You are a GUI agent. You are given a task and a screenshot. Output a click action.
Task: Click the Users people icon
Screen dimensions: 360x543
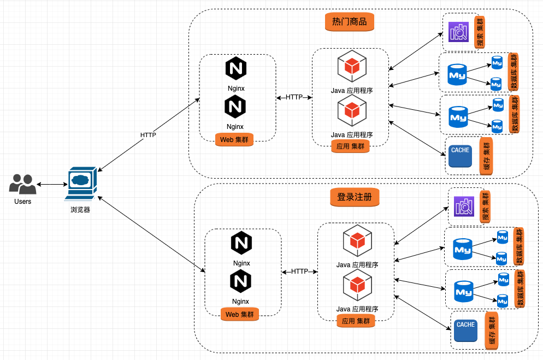click(22, 184)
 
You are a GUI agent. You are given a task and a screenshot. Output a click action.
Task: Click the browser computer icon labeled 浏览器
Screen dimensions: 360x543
click(80, 184)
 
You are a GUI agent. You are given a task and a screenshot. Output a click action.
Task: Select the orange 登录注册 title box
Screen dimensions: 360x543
click(355, 197)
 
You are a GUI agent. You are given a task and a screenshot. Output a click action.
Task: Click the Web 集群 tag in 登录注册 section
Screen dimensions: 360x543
click(240, 314)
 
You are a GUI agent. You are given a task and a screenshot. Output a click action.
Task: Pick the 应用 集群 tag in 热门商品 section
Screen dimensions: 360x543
click(350, 146)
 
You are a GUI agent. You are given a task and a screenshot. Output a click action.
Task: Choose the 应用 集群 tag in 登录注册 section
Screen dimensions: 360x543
click(356, 321)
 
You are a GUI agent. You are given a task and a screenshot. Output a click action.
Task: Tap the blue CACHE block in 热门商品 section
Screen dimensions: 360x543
click(460, 156)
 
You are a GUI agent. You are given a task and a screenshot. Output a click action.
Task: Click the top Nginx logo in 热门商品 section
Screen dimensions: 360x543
click(235, 69)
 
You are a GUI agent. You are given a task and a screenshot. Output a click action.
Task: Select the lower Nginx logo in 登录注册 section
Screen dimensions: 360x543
click(240, 282)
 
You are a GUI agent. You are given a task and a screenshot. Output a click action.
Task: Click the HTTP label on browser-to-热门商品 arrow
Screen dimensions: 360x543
click(148, 135)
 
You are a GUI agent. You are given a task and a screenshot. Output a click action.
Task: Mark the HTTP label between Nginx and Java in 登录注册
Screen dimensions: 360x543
click(299, 271)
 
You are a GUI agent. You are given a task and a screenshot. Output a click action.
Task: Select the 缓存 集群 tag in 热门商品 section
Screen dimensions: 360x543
click(486, 157)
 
